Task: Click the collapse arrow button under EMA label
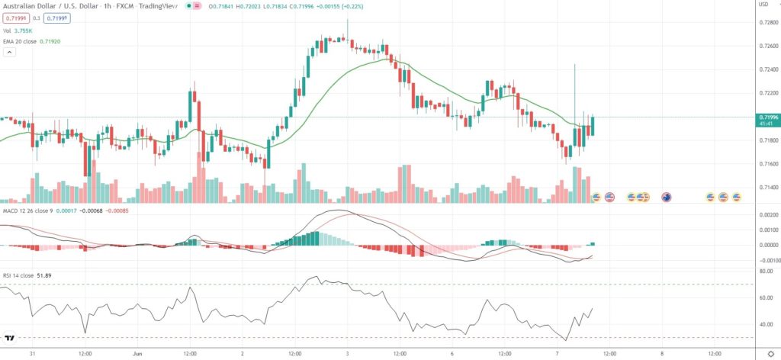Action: pos(9,53)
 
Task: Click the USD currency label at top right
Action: pos(762,5)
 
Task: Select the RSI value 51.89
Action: pos(53,273)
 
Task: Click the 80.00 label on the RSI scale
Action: pos(765,270)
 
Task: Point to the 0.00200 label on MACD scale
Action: pos(768,216)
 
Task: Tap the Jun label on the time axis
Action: pos(138,353)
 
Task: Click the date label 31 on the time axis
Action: pos(32,353)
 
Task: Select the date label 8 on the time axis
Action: pos(662,353)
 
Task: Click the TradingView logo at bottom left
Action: pos(11,338)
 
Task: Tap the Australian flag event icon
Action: pos(666,198)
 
